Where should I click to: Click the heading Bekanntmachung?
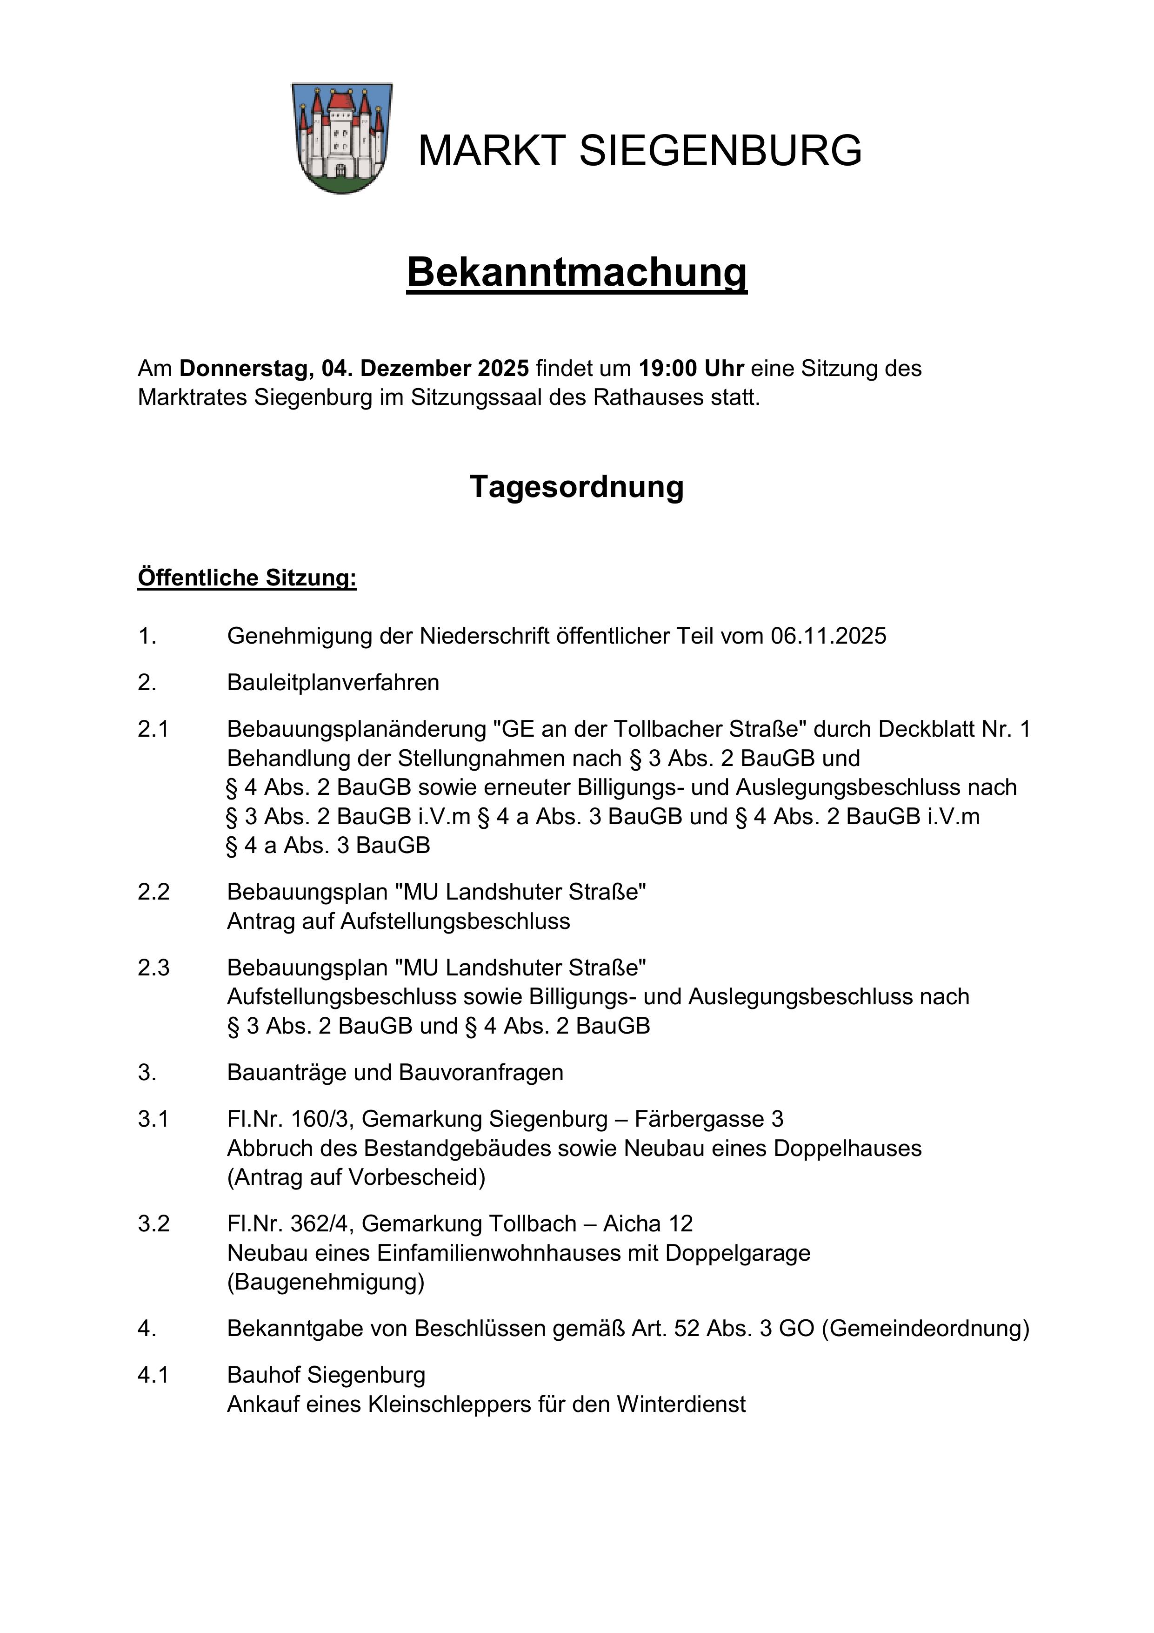pyautogui.click(x=577, y=272)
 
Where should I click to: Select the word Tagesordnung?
pyautogui.click(x=577, y=487)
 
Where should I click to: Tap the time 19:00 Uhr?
pyautogui.click(x=691, y=369)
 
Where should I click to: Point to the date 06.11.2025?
pyautogui.click(x=828, y=636)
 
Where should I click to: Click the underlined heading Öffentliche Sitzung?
pyautogui.click(x=247, y=578)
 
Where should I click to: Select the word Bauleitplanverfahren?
pyautogui.click(x=333, y=683)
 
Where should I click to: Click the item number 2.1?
pyautogui.click(x=153, y=730)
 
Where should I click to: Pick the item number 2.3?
pyautogui.click(x=153, y=968)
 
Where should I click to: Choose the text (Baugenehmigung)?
pyautogui.click(x=326, y=1283)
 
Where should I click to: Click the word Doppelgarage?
pyautogui.click(x=737, y=1253)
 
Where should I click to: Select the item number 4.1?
pyautogui.click(x=153, y=1376)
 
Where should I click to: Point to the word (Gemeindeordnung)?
pyautogui.click(x=925, y=1329)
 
